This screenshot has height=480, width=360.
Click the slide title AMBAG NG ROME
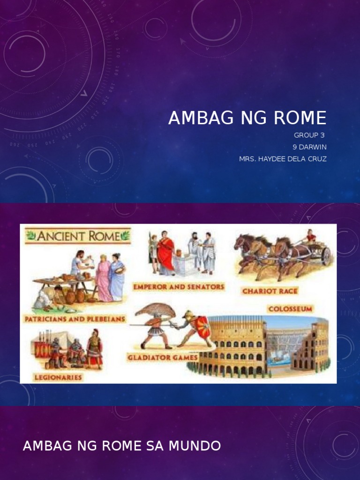tap(247, 119)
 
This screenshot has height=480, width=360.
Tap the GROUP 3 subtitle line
tap(309, 135)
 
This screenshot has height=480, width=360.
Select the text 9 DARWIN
tap(309, 147)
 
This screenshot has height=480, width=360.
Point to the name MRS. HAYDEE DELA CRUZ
tap(283, 159)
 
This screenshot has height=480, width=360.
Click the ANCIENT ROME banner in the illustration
tap(78, 236)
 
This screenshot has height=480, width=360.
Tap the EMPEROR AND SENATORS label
tap(179, 286)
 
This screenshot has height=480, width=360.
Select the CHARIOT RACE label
tap(270, 291)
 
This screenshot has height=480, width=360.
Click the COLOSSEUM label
tap(290, 309)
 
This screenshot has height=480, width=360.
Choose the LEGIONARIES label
tap(57, 376)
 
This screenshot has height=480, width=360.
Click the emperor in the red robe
tap(166, 254)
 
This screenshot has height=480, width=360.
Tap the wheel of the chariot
tap(326, 256)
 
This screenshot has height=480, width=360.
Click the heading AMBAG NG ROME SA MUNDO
tap(122, 446)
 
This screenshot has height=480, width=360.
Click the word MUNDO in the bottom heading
tap(197, 446)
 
